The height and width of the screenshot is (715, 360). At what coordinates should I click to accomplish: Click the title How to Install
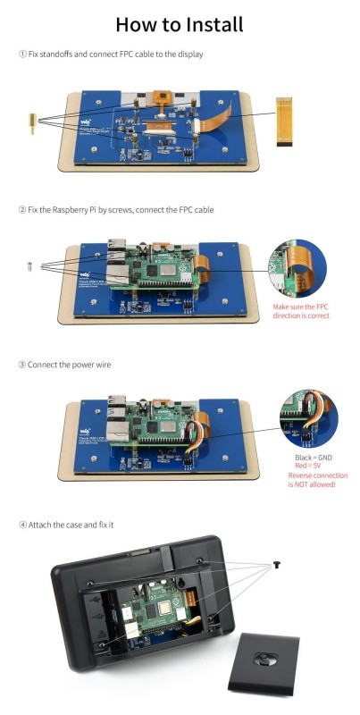coord(180,23)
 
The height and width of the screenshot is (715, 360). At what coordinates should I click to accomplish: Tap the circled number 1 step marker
coord(22,55)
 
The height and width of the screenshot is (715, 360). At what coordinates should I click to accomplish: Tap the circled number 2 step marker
coord(22,210)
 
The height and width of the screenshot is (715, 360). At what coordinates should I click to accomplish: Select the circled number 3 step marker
coord(22,365)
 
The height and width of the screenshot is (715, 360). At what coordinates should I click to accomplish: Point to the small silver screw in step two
coord(30,264)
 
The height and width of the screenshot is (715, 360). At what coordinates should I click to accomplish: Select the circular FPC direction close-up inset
coord(301,267)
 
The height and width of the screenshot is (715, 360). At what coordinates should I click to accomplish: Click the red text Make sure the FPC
coord(301,307)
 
